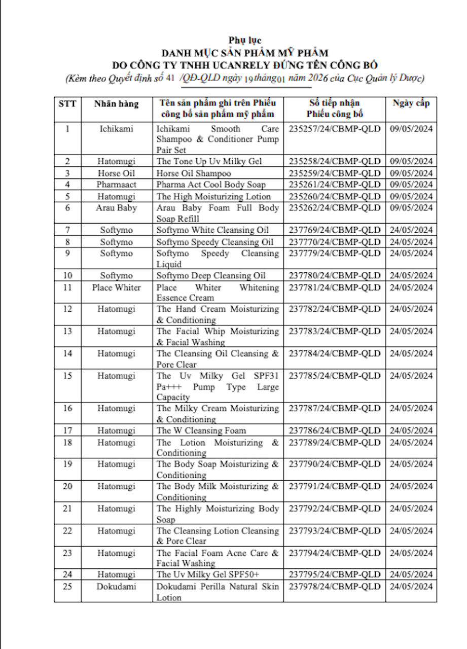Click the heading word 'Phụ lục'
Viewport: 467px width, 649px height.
tap(245, 40)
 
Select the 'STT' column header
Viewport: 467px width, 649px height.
tap(67, 103)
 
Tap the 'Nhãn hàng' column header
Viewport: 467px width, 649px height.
tap(116, 103)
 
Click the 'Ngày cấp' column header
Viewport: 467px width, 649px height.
tap(411, 103)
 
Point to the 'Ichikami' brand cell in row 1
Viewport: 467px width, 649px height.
tap(116, 128)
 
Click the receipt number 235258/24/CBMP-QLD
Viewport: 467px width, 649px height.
tap(334, 161)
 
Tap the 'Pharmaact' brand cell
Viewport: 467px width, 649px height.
tap(116, 185)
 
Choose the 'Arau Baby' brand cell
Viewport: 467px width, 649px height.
tap(116, 208)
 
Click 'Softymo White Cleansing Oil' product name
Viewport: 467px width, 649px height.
tap(212, 230)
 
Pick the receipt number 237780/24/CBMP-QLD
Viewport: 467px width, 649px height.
tap(334, 275)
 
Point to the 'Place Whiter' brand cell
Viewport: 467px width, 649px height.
tap(116, 287)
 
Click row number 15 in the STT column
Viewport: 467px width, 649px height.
tap(67, 376)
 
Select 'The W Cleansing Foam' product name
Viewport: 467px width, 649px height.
tap(201, 430)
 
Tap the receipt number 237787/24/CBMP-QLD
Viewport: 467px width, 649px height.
tap(334, 408)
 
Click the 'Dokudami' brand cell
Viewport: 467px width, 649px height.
tap(116, 587)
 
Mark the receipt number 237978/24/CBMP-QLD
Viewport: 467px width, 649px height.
tap(334, 587)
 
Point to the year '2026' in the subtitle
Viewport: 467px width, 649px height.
tap(318, 78)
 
